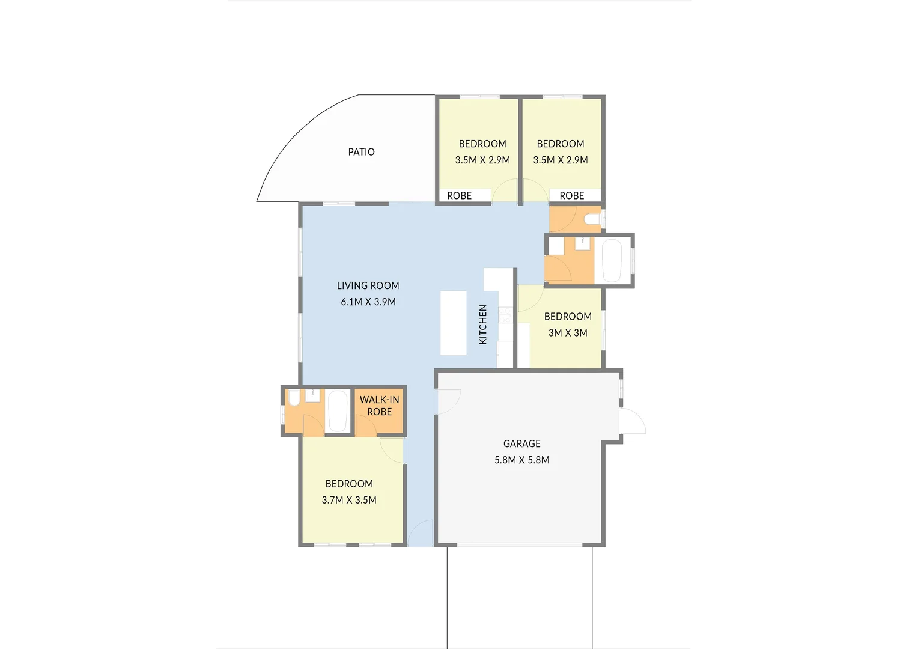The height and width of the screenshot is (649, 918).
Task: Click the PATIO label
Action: pyautogui.click(x=361, y=152)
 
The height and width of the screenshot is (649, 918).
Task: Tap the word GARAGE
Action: pyautogui.click(x=521, y=444)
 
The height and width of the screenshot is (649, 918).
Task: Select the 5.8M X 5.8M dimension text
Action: pyautogui.click(x=521, y=460)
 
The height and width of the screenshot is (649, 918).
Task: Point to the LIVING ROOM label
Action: pyautogui.click(x=368, y=286)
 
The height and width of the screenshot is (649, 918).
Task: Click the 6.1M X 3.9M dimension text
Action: pyautogui.click(x=368, y=302)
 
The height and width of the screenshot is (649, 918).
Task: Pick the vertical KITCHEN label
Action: pyautogui.click(x=483, y=324)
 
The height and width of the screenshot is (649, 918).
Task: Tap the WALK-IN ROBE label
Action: pyautogui.click(x=379, y=406)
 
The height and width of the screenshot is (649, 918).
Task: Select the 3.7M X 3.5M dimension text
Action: pyautogui.click(x=349, y=500)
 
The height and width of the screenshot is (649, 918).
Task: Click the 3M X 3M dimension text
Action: pyautogui.click(x=567, y=333)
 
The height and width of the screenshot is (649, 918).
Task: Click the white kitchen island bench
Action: pyautogui.click(x=454, y=323)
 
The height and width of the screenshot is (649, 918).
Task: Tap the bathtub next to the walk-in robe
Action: pyautogui.click(x=338, y=411)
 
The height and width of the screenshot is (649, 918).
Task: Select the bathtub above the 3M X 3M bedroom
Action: pyautogui.click(x=611, y=261)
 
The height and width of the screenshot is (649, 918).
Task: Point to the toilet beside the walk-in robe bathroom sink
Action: pyautogui.click(x=294, y=398)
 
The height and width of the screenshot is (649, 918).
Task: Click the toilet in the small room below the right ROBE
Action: pyautogui.click(x=593, y=219)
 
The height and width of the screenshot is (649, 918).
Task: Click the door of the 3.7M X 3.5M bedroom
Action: pyautogui.click(x=393, y=450)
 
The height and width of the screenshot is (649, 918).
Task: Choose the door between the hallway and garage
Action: pyautogui.click(x=448, y=401)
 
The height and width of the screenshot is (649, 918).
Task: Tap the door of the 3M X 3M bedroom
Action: pyautogui.click(x=530, y=297)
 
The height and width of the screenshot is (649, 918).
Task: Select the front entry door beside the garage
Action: pyautogui.click(x=420, y=534)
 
